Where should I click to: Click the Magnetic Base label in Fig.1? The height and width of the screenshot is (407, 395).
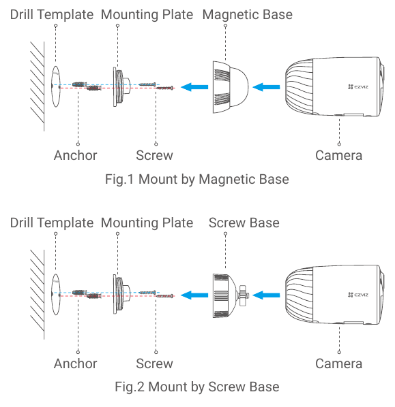(247, 14)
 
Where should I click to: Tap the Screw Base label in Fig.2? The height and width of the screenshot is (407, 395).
(244, 223)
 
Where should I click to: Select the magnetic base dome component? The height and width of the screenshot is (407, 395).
(231, 87)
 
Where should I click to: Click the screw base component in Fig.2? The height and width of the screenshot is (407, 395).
(231, 295)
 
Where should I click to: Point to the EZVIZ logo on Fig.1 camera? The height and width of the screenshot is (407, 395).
(358, 86)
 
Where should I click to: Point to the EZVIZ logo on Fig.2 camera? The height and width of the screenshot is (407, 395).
(358, 295)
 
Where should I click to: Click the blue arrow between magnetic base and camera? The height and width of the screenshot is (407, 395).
(266, 87)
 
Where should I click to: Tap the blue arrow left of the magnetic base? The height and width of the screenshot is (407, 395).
(194, 87)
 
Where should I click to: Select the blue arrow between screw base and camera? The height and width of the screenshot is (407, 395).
(266, 295)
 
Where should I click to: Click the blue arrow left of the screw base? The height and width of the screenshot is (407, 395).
(194, 295)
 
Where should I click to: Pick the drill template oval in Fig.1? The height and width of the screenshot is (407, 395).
(56, 86)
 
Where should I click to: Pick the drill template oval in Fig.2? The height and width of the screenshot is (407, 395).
(56, 295)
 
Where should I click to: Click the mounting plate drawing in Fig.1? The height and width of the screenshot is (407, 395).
(121, 87)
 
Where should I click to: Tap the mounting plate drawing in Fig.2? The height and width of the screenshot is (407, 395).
(121, 295)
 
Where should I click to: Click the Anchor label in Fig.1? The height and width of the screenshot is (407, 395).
(76, 155)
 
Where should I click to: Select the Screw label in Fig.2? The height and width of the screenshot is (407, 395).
(154, 363)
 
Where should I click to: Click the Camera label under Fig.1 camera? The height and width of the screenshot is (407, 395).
(339, 155)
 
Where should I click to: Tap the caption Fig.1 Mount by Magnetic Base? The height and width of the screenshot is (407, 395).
(197, 180)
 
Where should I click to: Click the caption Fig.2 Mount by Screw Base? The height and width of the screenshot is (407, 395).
(197, 387)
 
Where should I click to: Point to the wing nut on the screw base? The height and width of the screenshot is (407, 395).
(242, 295)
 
